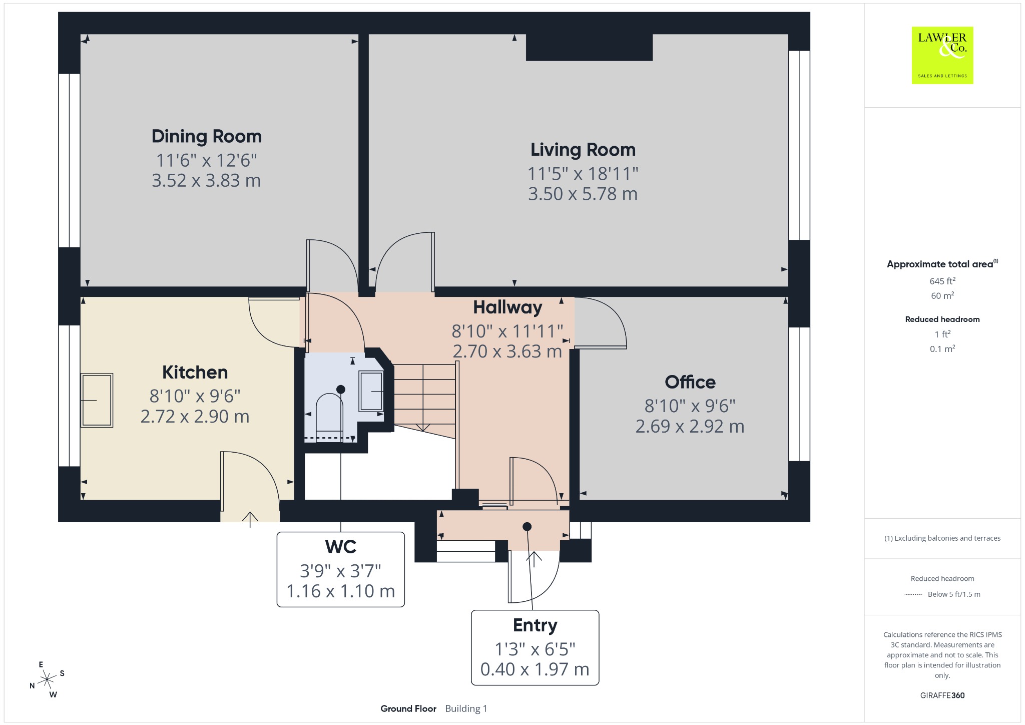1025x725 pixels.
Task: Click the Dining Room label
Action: tap(207, 136)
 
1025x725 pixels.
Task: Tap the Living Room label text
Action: tap(583, 150)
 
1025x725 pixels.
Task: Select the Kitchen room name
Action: tap(195, 373)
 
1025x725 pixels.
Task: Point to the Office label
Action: tap(690, 383)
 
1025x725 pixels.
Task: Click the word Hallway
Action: tap(508, 307)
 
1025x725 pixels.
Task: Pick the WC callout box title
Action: tap(341, 547)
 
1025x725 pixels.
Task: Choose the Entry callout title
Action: tap(535, 625)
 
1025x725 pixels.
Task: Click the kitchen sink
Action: tap(97, 400)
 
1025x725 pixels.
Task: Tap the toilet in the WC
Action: tap(330, 415)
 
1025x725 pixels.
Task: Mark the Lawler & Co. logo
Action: tap(942, 55)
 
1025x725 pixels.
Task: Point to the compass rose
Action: tap(47, 679)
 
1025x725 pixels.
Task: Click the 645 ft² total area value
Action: tap(942, 281)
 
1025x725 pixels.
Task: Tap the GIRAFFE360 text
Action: tap(942, 695)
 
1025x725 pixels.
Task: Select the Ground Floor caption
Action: tap(408, 708)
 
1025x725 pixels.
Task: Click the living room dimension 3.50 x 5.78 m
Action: tap(583, 194)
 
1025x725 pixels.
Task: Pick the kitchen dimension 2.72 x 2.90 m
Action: tap(195, 417)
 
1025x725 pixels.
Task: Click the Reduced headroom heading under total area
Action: tap(942, 319)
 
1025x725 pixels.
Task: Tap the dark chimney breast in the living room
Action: tap(589, 48)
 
